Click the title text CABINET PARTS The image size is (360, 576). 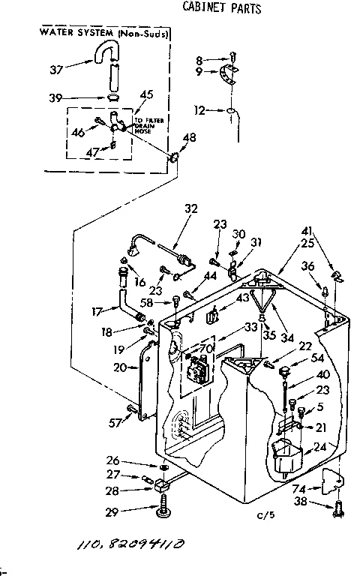click(x=222, y=9)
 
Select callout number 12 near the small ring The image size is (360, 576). click(x=199, y=110)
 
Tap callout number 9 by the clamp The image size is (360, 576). click(x=199, y=72)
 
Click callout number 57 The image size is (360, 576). click(x=113, y=423)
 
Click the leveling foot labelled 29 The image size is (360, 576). click(x=163, y=511)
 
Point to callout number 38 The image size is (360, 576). click(x=301, y=503)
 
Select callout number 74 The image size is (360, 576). click(x=300, y=487)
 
